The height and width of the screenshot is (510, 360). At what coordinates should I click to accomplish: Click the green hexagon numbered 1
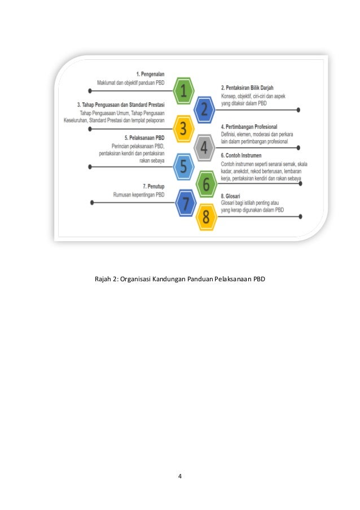point(183,90)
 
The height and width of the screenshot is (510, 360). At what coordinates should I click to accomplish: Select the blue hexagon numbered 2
point(204,109)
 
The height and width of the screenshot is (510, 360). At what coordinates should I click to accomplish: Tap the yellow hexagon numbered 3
point(183,129)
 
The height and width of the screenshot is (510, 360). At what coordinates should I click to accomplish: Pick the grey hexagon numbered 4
point(204,148)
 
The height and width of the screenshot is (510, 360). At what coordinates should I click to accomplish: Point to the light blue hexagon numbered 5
point(183,167)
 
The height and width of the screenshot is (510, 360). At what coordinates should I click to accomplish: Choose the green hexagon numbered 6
point(206,185)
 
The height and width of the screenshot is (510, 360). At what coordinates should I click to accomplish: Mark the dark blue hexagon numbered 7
point(186,203)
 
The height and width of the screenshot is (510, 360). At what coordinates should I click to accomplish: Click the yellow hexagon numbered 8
point(206,217)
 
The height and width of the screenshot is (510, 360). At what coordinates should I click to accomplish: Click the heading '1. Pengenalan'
point(150,74)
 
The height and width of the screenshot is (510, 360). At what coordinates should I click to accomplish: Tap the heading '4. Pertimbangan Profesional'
point(249,127)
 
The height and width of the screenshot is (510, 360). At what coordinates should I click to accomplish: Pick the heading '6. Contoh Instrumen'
point(241,155)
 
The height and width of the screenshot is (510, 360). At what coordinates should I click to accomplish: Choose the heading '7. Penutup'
point(153,186)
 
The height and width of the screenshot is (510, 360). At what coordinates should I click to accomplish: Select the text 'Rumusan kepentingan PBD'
point(138,195)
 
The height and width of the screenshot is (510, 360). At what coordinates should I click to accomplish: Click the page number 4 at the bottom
point(179,476)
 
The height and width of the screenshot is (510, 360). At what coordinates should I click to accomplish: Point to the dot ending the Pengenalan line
point(91,90)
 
